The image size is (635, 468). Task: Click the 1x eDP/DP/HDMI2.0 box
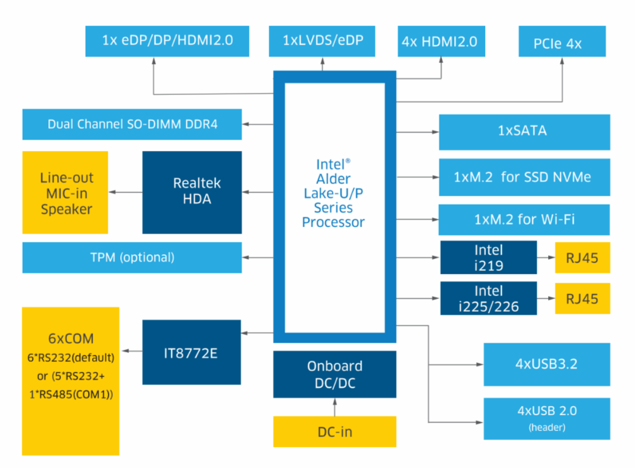click(167, 41)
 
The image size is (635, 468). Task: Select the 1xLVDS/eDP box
click(322, 41)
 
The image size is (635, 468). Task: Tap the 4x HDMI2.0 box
click(441, 41)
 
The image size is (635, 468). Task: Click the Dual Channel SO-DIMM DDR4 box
click(132, 124)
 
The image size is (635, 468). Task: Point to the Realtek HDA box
click(192, 192)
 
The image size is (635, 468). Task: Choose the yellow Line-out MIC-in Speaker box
click(65, 192)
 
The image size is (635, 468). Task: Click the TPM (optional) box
click(132, 257)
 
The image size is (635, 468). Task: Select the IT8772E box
click(192, 352)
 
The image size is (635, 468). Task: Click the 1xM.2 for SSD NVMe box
click(524, 177)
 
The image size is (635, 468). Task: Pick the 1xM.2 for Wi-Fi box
click(524, 220)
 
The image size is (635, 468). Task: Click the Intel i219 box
click(488, 257)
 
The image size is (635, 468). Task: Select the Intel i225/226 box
click(488, 298)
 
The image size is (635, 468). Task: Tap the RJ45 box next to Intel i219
click(582, 258)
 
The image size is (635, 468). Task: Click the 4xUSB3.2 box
click(546, 364)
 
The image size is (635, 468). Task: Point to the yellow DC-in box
click(335, 432)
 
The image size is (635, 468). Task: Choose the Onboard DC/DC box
click(335, 374)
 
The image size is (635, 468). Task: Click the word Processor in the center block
click(334, 222)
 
